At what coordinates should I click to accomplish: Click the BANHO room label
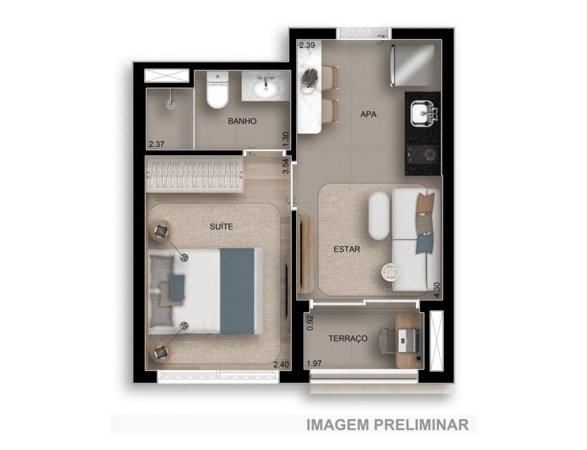(242, 121)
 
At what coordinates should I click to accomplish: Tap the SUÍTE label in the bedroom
(221, 226)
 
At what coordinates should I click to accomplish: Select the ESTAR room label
(347, 249)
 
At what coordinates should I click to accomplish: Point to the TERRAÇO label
(348, 338)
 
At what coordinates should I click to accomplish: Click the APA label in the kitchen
(369, 114)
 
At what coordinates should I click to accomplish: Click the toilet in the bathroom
(217, 90)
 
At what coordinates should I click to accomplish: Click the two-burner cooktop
(422, 154)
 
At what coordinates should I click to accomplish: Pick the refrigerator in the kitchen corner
(412, 65)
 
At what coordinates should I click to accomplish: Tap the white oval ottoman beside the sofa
(379, 216)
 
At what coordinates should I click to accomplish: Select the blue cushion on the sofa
(425, 243)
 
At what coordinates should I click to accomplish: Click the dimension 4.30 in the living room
(436, 289)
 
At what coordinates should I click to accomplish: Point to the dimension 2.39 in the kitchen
(307, 45)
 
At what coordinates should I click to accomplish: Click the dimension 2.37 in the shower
(156, 144)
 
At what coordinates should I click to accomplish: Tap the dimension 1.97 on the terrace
(315, 363)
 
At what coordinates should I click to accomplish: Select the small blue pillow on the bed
(177, 287)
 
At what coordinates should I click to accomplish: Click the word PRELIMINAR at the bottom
(421, 425)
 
